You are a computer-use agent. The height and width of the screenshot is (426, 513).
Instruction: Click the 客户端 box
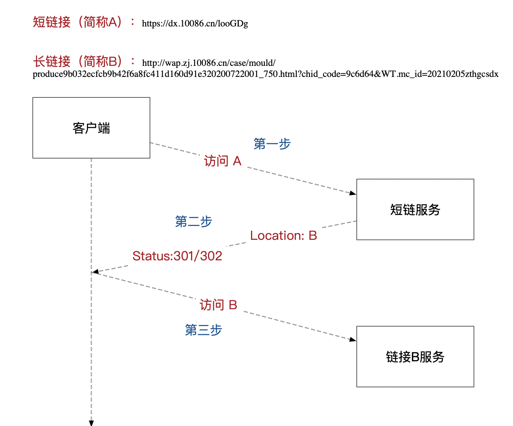click(x=91, y=128)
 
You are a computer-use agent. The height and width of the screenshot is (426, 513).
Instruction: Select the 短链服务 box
click(x=415, y=209)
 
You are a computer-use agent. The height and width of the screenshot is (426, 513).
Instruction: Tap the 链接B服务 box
click(x=415, y=357)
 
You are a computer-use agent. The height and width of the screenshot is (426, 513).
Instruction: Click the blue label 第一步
click(x=272, y=144)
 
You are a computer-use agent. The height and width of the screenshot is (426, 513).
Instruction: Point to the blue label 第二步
click(x=193, y=222)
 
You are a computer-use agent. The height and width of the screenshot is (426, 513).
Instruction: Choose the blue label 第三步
click(x=204, y=330)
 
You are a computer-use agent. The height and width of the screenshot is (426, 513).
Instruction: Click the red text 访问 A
click(x=223, y=161)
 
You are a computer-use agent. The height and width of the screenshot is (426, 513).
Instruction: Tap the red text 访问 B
click(x=218, y=305)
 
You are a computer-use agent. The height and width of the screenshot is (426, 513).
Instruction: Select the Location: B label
click(x=283, y=235)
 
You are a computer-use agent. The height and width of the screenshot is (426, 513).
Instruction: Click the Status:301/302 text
click(x=177, y=256)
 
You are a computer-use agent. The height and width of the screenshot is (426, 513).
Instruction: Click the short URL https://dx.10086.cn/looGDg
click(x=195, y=24)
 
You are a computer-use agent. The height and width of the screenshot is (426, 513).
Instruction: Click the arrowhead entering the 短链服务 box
click(x=353, y=193)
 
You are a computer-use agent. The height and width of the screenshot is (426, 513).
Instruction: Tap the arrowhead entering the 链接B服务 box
click(x=353, y=339)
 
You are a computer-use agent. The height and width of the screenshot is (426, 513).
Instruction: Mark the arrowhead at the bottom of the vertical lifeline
click(x=91, y=423)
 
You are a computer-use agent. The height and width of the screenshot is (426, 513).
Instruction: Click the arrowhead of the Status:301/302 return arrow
click(x=95, y=272)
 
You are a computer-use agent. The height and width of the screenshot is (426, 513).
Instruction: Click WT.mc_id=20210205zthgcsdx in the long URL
click(x=440, y=74)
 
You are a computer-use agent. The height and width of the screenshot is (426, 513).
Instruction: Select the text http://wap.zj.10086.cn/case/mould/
click(x=209, y=63)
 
